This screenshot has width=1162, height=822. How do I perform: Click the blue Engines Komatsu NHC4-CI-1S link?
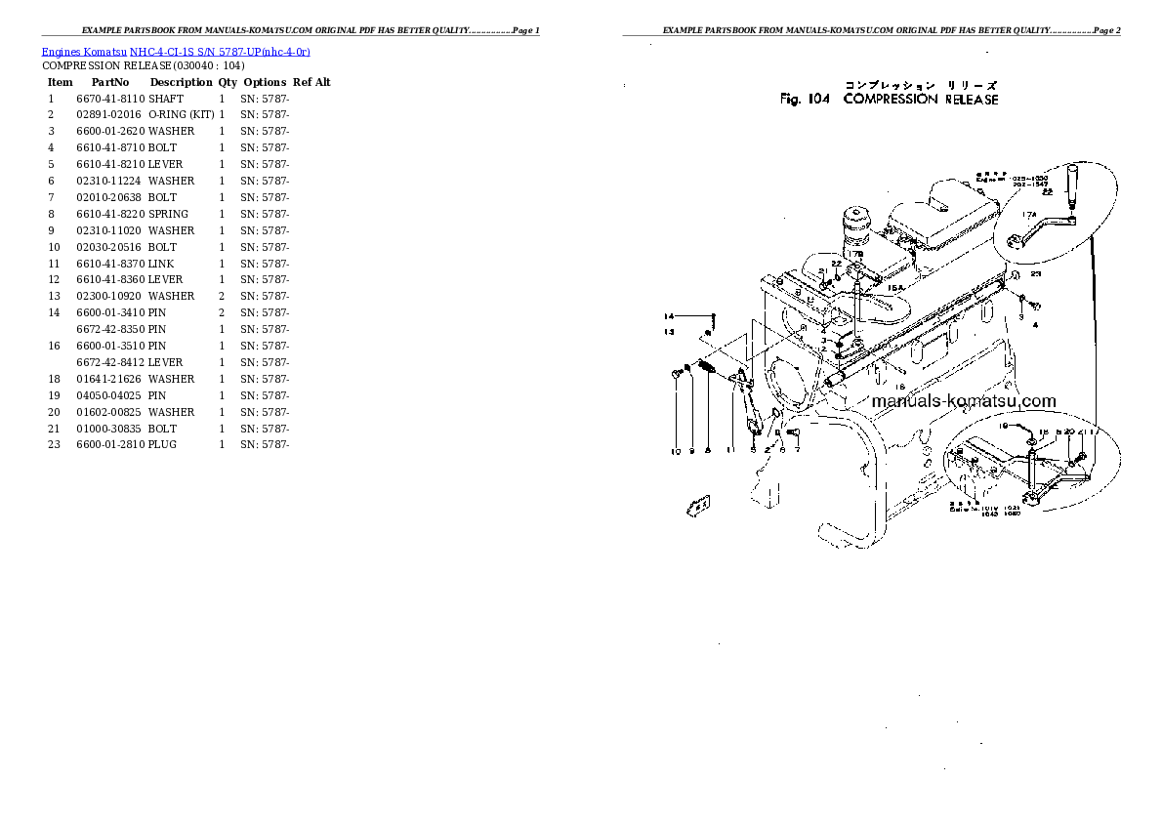(x=176, y=51)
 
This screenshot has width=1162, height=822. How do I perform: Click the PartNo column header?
(x=105, y=82)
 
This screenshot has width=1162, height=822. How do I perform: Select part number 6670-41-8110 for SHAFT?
(x=109, y=99)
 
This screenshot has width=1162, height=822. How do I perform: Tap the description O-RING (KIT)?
(x=181, y=115)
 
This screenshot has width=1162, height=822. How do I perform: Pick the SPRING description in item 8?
(x=169, y=214)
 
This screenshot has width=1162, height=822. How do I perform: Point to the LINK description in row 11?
(x=162, y=264)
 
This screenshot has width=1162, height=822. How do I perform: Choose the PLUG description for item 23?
(x=164, y=445)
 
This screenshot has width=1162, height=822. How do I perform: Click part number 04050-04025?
(x=109, y=395)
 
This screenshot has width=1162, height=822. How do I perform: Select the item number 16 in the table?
(x=54, y=346)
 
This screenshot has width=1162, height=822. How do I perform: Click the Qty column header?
(x=228, y=82)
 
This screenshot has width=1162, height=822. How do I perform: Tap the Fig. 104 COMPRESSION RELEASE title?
(x=889, y=99)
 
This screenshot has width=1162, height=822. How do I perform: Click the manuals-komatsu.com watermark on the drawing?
(x=963, y=401)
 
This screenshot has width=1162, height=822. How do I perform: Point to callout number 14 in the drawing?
(x=670, y=316)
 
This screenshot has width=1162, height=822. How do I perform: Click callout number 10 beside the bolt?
(x=675, y=451)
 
